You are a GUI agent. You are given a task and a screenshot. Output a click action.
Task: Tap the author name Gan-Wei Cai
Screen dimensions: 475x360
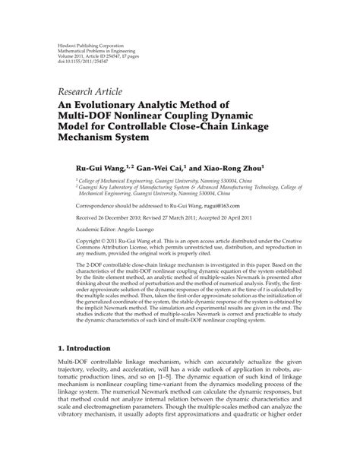(162, 161)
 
